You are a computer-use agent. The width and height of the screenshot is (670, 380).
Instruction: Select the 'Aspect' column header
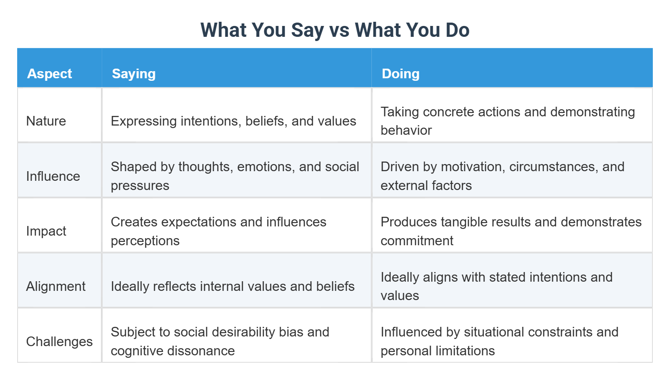click(x=49, y=74)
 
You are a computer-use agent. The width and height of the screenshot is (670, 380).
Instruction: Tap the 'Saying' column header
click(x=134, y=74)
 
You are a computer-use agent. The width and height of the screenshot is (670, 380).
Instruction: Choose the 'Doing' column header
click(x=400, y=74)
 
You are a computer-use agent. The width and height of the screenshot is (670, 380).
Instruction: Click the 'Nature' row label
click(x=46, y=121)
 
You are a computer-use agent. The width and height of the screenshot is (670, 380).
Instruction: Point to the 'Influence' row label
click(x=53, y=176)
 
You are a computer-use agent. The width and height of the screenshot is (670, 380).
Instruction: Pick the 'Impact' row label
click(x=46, y=231)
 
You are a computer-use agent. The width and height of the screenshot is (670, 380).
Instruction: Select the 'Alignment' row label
click(x=56, y=286)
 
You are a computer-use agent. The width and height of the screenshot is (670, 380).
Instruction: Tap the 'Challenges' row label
click(x=59, y=341)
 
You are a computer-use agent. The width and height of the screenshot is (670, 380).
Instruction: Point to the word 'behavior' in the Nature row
click(x=406, y=130)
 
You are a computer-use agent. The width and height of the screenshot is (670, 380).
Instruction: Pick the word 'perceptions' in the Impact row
click(x=145, y=241)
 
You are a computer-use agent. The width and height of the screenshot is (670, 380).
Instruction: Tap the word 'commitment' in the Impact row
click(x=417, y=241)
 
